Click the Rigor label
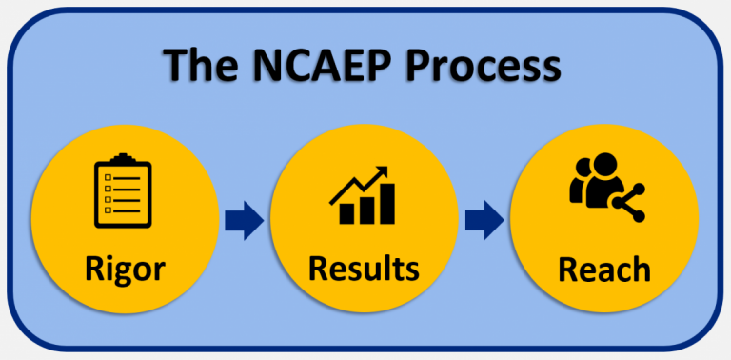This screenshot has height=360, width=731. coord(124,268)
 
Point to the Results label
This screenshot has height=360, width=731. coord(364,268)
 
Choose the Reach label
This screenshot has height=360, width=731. coord(604,269)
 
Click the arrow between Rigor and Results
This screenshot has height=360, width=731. coord(245,221)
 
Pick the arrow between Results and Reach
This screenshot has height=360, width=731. coord(484,221)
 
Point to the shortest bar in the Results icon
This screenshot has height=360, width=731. coord(342,214)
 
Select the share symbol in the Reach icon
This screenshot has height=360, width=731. coord(627,201)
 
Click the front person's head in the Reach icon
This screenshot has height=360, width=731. coord(604,170)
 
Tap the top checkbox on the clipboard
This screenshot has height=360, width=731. coord(109,176)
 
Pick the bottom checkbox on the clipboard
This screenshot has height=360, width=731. coord(109,210)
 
